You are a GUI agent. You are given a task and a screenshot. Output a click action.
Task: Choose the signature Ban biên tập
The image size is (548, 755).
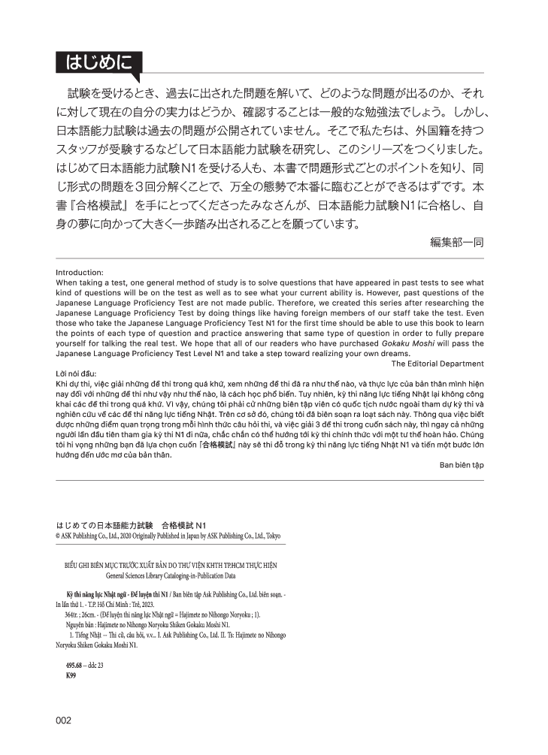[462, 465]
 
